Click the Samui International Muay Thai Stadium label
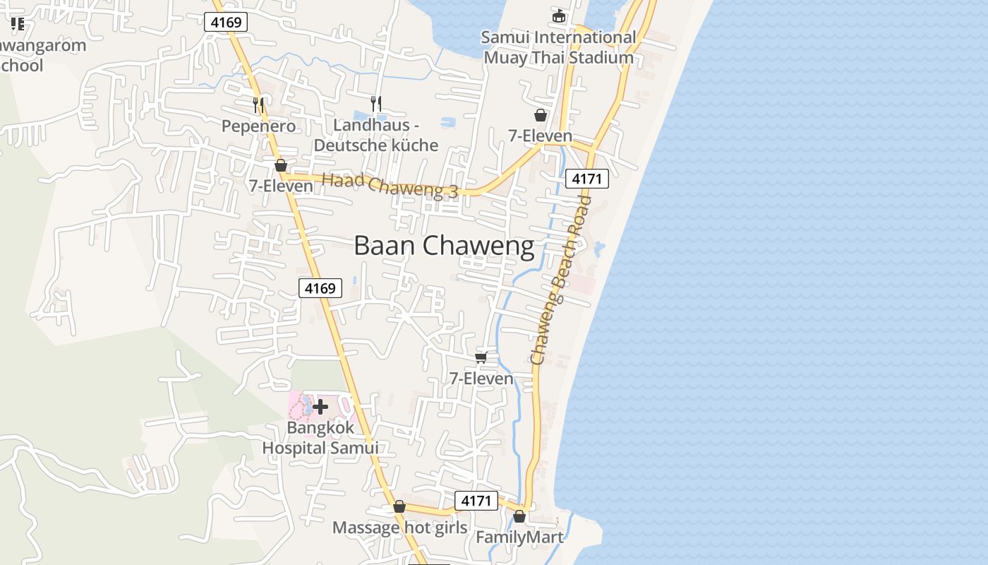(x=559, y=47)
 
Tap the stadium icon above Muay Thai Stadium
(x=559, y=15)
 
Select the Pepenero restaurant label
(x=258, y=126)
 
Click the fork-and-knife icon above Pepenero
(x=258, y=105)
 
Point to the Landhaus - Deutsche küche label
(x=376, y=135)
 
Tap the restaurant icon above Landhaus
(x=376, y=103)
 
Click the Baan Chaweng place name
(x=444, y=246)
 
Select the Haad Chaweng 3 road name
(x=390, y=186)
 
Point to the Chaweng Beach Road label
(x=562, y=280)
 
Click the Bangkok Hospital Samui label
(x=320, y=438)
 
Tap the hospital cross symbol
(x=320, y=406)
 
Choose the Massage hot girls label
(x=399, y=528)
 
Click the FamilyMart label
(x=519, y=537)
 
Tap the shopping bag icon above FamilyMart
(x=519, y=516)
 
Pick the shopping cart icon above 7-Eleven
(x=481, y=357)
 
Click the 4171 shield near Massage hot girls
(x=476, y=501)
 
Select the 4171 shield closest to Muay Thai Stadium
(x=587, y=179)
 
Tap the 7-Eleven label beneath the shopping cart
(x=482, y=379)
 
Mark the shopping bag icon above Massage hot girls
(x=399, y=507)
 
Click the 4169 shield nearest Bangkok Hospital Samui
(x=320, y=288)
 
